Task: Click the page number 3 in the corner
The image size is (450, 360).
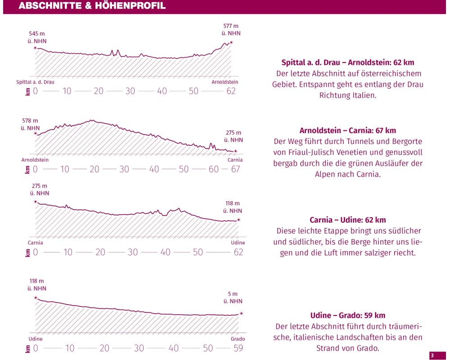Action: pyautogui.click(x=432, y=355)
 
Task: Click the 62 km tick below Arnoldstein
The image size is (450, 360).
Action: pyautogui.click(x=231, y=91)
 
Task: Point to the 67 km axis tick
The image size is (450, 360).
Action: pyautogui.click(x=235, y=169)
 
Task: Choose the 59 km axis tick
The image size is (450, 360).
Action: pyautogui.click(x=238, y=348)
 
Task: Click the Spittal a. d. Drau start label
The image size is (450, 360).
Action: pyautogui.click(x=35, y=82)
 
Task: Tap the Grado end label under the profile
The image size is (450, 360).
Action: pyautogui.click(x=238, y=339)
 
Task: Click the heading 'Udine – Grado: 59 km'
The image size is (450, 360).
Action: pyautogui.click(x=348, y=315)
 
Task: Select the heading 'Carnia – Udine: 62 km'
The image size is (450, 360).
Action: pyautogui.click(x=348, y=220)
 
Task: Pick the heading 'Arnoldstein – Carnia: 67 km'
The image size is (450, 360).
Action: pyautogui.click(x=348, y=130)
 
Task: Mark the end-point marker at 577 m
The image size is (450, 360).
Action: pyautogui.click(x=231, y=42)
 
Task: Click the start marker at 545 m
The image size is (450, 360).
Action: pyautogui.click(x=36, y=47)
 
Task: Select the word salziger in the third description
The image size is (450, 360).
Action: pyautogui.click(x=371, y=252)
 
